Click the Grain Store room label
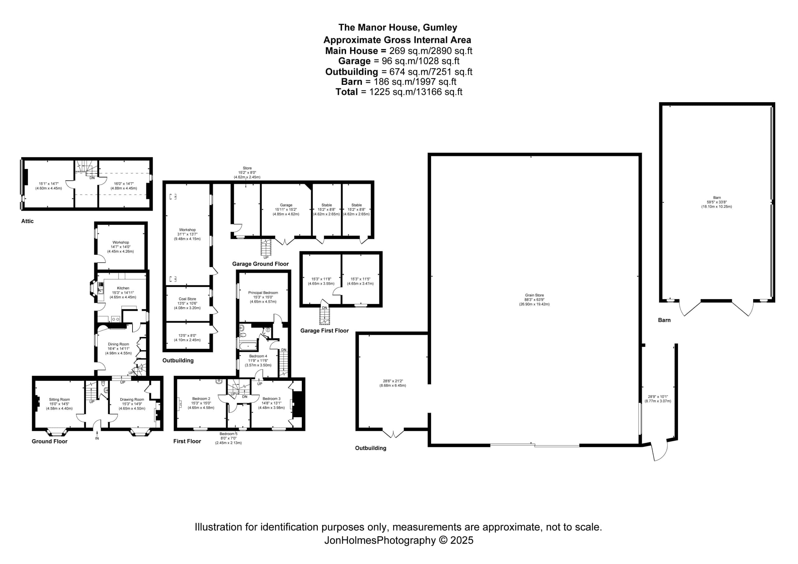pyautogui.click(x=534, y=295)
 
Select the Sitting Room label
pyautogui.click(x=60, y=399)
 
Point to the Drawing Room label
pyautogui.click(x=132, y=399)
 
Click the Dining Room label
pyautogui.click(x=118, y=344)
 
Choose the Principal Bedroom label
pyautogui.click(x=263, y=293)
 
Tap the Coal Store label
pyautogui.click(x=187, y=299)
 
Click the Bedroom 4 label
pyautogui.click(x=258, y=356)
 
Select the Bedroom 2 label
pyautogui.click(x=201, y=399)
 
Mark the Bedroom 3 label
pyautogui.click(x=272, y=399)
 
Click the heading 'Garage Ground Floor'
pyautogui.click(x=260, y=264)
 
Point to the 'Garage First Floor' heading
pyautogui.click(x=324, y=331)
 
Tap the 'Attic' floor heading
pyautogui.click(x=27, y=221)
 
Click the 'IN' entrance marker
pyautogui.click(x=97, y=438)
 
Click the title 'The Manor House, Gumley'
pyautogui.click(x=398, y=27)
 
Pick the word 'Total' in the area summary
pyautogui.click(x=347, y=92)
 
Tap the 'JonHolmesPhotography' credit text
pyautogui.click(x=380, y=540)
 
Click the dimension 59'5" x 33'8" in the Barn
pyautogui.click(x=716, y=202)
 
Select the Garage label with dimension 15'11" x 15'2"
pyautogui.click(x=286, y=205)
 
